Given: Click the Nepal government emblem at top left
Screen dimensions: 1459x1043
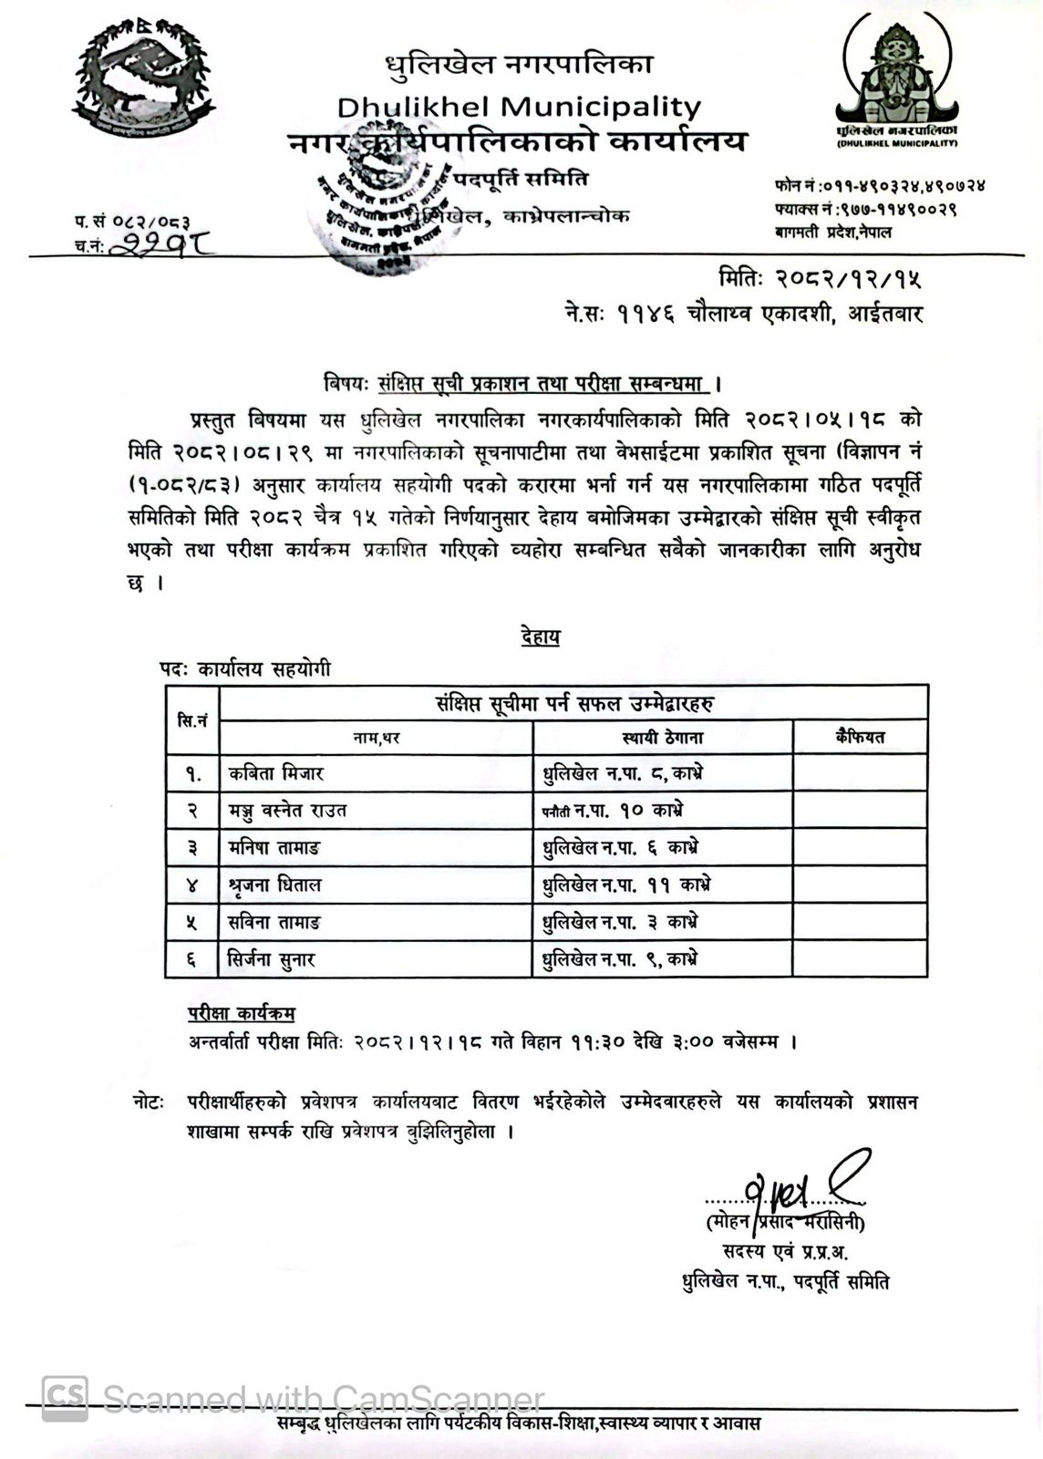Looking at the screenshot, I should tap(138, 81).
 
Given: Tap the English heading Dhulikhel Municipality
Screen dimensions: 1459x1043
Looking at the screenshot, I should tap(519, 107).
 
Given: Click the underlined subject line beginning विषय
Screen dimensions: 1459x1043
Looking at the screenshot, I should tap(523, 384).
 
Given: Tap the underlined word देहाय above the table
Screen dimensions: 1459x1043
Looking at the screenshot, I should tap(541, 636).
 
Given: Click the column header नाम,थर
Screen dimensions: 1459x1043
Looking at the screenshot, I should tap(377, 738).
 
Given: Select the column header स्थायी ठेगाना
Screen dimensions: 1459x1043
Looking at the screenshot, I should tap(663, 738).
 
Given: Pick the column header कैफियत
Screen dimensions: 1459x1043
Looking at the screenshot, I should tap(860, 737).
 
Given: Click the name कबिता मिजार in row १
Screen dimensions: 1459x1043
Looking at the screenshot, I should tap(276, 774).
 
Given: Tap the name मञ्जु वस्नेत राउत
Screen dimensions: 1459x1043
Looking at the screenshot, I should tap(288, 811).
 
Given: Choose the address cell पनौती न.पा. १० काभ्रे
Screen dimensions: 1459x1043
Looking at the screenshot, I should tap(613, 811).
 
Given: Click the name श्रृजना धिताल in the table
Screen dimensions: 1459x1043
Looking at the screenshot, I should tap(275, 885).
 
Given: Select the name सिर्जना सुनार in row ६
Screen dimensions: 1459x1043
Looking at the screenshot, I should tap(272, 959).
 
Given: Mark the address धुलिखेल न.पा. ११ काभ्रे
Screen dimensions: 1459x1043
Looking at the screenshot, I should tap(626, 885).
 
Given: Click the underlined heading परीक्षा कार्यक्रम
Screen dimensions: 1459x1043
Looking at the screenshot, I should tap(242, 1014).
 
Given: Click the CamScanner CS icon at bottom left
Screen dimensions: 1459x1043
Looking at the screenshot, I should tap(66, 1398).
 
